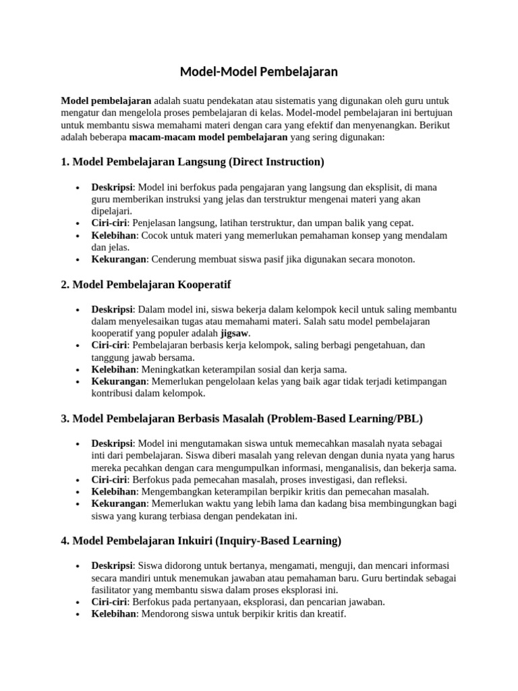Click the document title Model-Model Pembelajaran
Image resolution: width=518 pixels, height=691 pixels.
pyautogui.click(x=258, y=72)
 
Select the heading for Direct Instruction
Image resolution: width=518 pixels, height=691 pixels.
pyautogui.click(x=192, y=162)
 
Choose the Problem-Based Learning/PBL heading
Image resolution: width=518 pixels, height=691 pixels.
pyautogui.click(x=241, y=418)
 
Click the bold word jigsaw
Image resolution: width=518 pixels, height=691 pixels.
pyautogui.click(x=235, y=333)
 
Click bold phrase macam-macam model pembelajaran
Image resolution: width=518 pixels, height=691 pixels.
pyautogui.click(x=208, y=137)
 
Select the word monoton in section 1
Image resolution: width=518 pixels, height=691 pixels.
pyautogui.click(x=397, y=259)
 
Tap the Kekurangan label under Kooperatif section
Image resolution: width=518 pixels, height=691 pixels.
pyautogui.click(x=119, y=381)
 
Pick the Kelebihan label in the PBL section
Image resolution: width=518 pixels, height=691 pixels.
pyautogui.click(x=115, y=492)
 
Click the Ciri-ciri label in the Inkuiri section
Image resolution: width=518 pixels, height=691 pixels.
pyautogui.click(x=109, y=602)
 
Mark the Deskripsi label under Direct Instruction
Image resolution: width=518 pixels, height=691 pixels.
pyautogui.click(x=113, y=186)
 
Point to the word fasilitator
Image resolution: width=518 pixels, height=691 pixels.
pyautogui.click(x=115, y=590)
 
